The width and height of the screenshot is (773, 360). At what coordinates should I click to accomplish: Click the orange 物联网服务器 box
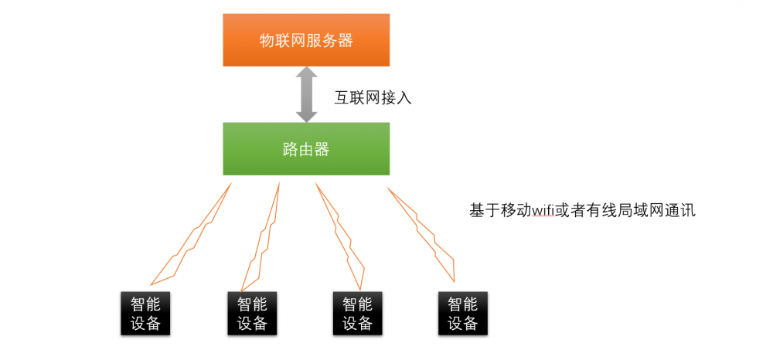tap(306, 40)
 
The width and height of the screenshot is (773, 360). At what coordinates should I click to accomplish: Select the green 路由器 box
tap(306, 148)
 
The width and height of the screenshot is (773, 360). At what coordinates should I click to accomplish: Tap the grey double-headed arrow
tap(306, 94)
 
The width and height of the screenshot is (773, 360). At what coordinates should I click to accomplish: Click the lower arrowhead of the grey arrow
tap(306, 114)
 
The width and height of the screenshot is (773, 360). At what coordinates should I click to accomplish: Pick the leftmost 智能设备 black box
tap(145, 313)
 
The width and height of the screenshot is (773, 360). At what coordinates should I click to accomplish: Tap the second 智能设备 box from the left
tap(252, 313)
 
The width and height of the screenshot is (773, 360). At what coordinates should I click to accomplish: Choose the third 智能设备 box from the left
tap(357, 313)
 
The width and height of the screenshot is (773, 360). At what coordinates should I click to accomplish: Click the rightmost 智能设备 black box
tap(462, 313)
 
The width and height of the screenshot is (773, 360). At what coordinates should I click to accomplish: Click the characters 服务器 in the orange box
tap(329, 40)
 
